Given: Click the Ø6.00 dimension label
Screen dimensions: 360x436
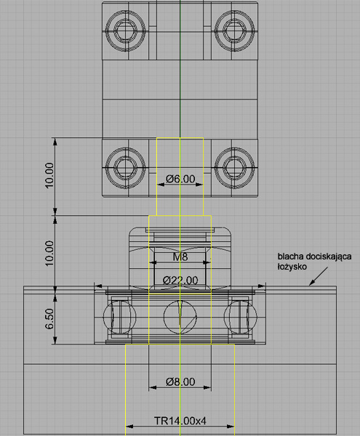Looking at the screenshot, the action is click(x=180, y=179).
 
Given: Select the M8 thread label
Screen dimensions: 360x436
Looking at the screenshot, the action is click(x=180, y=257).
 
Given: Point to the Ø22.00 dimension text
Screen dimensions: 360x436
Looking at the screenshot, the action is click(x=180, y=280).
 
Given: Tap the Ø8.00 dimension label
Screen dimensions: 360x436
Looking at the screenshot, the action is click(x=180, y=381).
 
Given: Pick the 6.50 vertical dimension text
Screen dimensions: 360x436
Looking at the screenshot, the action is click(x=49, y=319).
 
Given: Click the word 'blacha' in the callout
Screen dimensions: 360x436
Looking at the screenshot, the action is click(x=289, y=256).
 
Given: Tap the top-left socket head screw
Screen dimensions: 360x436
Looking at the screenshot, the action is click(x=126, y=31).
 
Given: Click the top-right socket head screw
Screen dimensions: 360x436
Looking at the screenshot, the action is click(x=234, y=31).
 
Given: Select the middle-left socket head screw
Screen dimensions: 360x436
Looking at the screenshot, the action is click(x=126, y=168).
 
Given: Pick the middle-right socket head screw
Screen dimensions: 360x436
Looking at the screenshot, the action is click(x=234, y=168).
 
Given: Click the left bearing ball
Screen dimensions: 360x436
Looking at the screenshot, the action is click(x=119, y=317).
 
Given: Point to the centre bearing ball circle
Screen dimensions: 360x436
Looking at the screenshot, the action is click(x=180, y=317).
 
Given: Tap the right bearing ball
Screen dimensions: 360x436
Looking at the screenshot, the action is click(x=241, y=317).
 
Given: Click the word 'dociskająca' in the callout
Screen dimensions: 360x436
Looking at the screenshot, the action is click(x=329, y=257).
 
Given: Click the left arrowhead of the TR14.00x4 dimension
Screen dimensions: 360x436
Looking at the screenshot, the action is click(x=129, y=426).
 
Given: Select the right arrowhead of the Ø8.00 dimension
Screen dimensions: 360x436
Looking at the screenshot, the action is click(x=207, y=387).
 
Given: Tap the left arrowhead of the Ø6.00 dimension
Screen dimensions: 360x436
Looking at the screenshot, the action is click(x=161, y=184).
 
